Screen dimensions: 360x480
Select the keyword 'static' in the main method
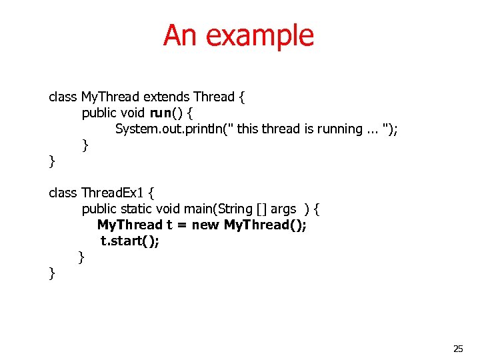pyautogui.click(x=136, y=209)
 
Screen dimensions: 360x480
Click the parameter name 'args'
pyautogui.click(x=283, y=209)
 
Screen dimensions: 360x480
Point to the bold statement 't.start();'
pyautogui.click(x=130, y=241)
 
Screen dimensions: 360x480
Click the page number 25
pyautogui.click(x=458, y=348)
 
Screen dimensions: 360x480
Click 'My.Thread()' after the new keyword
pyautogui.click(x=265, y=225)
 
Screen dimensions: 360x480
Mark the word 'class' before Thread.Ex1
pyautogui.click(x=63, y=193)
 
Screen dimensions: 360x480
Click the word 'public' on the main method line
pyautogui.click(x=99, y=209)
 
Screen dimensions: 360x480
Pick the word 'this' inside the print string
pyautogui.click(x=247, y=129)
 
